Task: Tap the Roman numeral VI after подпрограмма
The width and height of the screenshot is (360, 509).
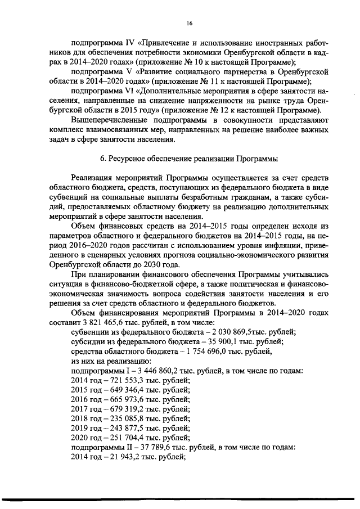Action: click(x=124, y=90)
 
